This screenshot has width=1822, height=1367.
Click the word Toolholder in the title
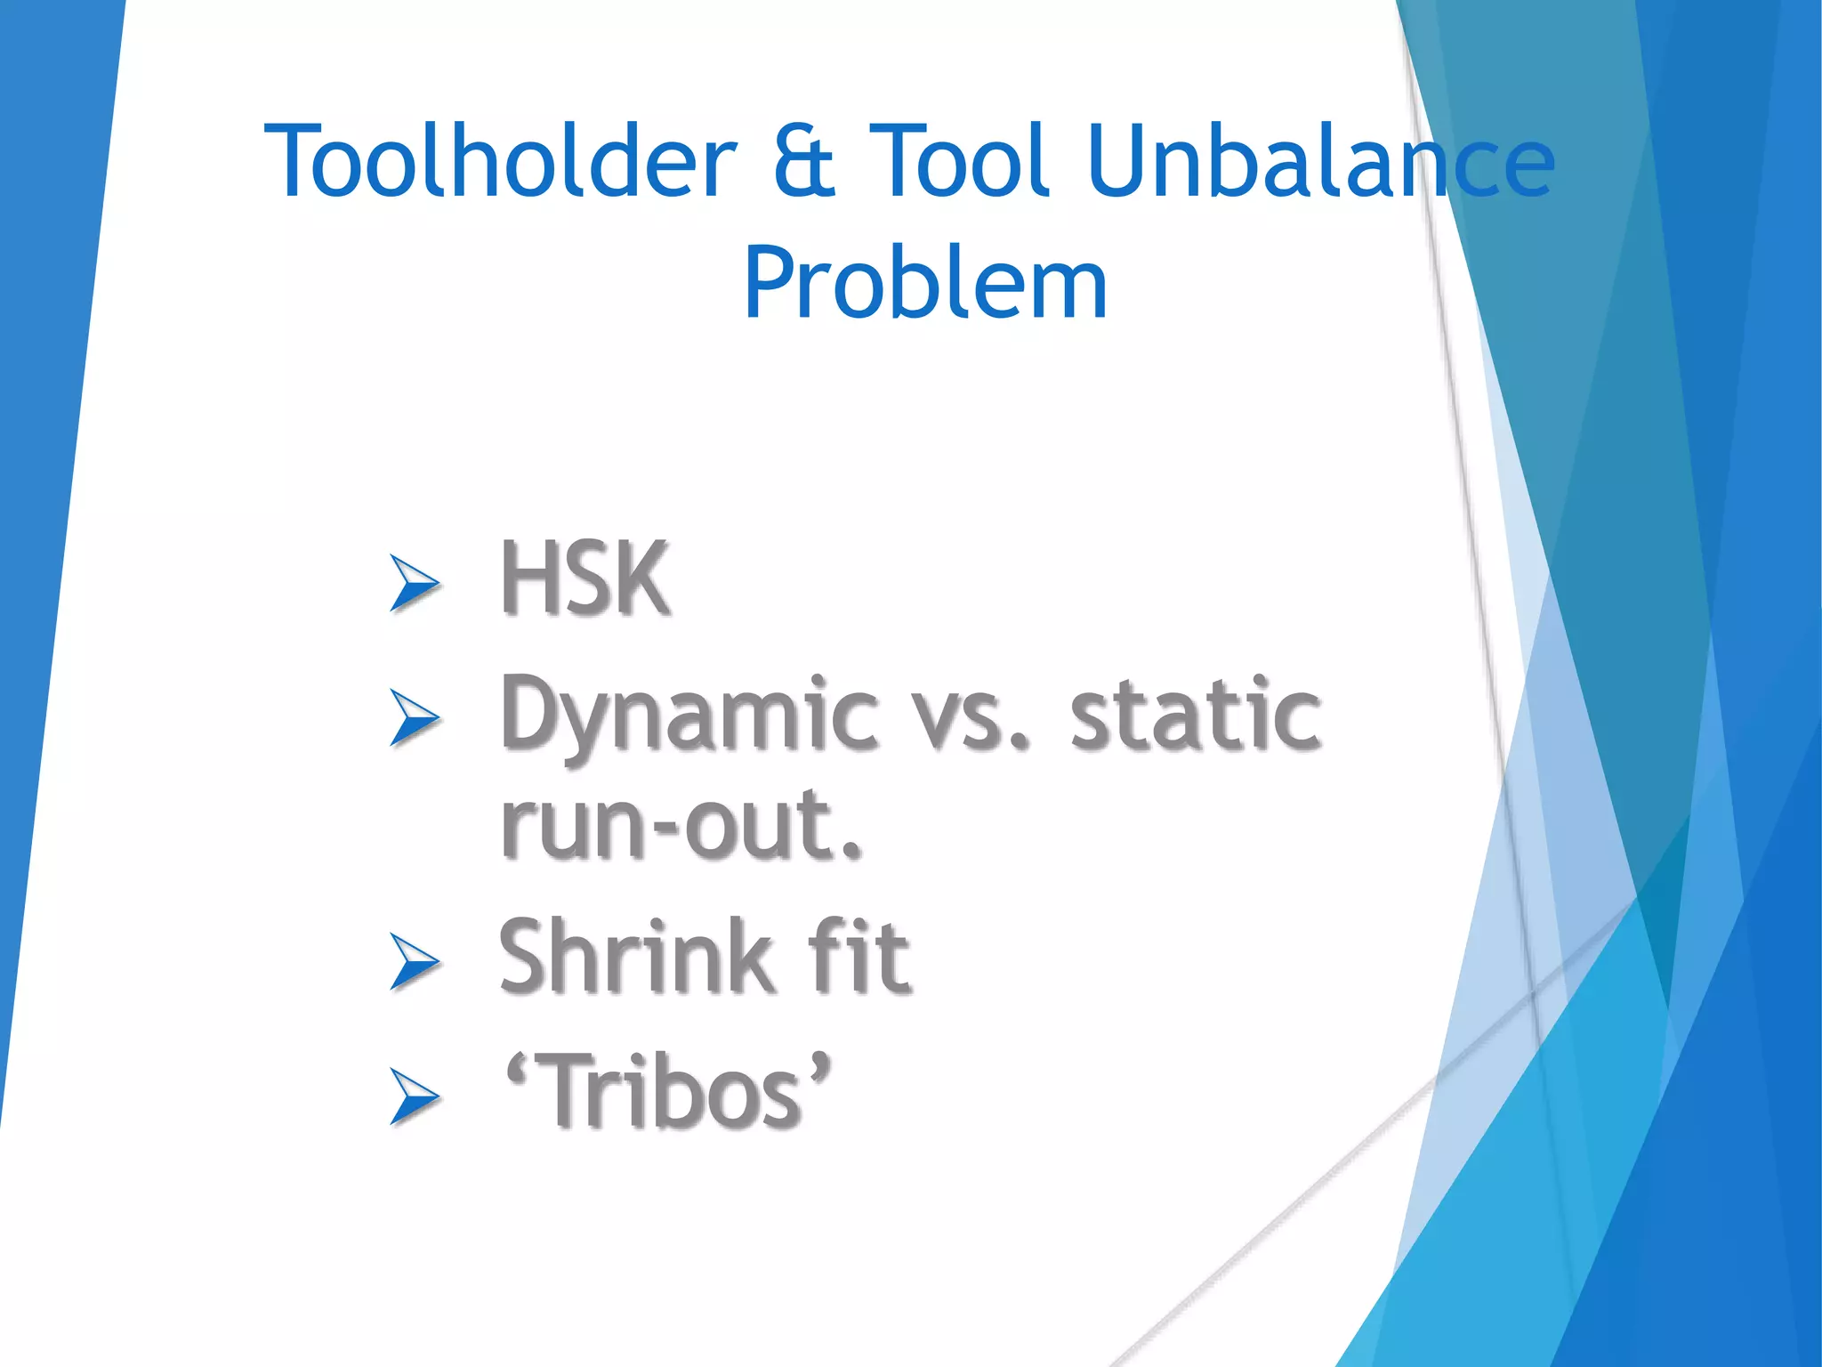tap(501, 162)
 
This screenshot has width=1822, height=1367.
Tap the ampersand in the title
tap(803, 164)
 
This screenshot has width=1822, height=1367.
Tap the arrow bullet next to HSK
tap(415, 583)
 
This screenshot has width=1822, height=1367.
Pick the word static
tap(1195, 715)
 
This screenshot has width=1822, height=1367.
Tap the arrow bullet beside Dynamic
tap(415, 717)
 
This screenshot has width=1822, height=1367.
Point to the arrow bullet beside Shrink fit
tap(415, 962)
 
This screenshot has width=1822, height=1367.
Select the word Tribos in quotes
tap(671, 1091)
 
